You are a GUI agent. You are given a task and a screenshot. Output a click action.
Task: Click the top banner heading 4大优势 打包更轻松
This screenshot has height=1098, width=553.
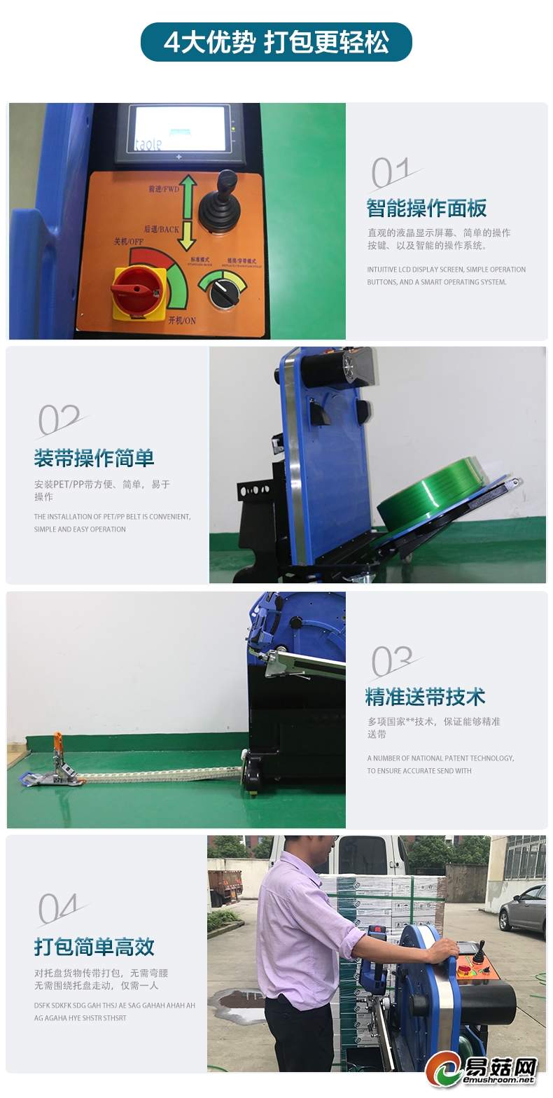pyautogui.click(x=276, y=43)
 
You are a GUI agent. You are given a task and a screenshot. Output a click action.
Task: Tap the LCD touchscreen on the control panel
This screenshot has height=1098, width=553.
pyautogui.click(x=181, y=130)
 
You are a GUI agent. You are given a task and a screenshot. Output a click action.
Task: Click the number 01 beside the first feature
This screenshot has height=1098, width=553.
pyautogui.click(x=392, y=174)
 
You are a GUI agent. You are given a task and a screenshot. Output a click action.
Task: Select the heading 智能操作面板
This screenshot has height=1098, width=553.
pyautogui.click(x=426, y=209)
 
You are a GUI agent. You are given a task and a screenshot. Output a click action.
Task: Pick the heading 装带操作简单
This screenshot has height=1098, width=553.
pyautogui.click(x=94, y=459)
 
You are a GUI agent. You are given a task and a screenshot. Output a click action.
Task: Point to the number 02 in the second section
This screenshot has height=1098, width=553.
pyautogui.click(x=59, y=421)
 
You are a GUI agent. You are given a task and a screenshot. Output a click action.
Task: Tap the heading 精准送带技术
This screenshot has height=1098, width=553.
pyautogui.click(x=425, y=697)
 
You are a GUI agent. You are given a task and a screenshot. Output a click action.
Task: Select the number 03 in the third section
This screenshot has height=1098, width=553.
pyautogui.click(x=392, y=662)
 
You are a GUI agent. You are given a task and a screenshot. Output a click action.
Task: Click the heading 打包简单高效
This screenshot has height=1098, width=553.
pyautogui.click(x=94, y=947)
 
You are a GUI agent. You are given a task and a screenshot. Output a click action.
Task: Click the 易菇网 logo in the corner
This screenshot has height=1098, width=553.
pyautogui.click(x=483, y=1071)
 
